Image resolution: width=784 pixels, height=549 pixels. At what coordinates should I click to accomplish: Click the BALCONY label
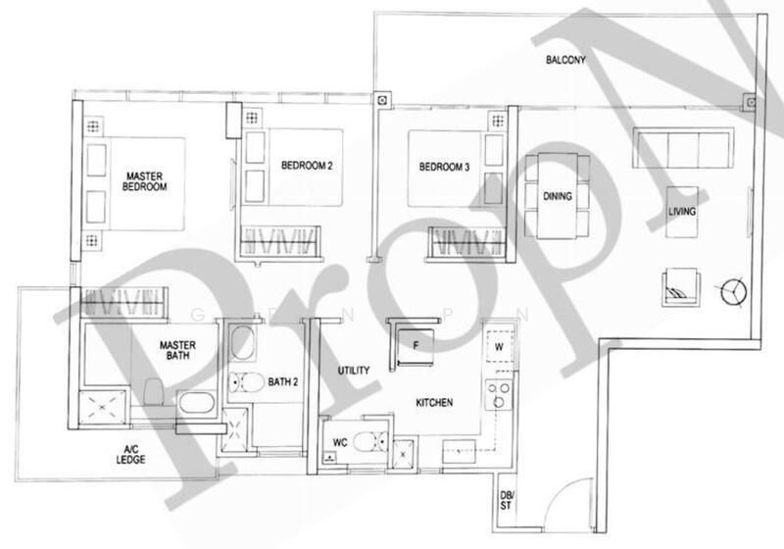[x=565, y=61]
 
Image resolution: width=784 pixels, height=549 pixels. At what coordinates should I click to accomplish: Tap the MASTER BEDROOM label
[x=144, y=181]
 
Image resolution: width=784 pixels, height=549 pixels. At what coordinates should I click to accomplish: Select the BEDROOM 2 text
[x=307, y=167]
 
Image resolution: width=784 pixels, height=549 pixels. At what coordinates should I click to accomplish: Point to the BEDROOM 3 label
[x=445, y=168]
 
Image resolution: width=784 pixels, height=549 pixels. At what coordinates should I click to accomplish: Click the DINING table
[x=558, y=196]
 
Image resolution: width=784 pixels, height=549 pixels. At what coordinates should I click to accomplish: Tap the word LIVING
[x=682, y=212]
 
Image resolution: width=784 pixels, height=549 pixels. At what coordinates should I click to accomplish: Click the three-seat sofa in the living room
[x=681, y=148]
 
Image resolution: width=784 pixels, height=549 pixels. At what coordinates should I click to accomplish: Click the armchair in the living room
[x=677, y=284]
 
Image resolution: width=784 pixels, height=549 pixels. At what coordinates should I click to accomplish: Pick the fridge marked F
[x=415, y=344]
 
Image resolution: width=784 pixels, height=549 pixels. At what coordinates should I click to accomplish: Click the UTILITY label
[x=353, y=372]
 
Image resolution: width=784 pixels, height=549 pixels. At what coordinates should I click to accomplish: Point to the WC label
[x=340, y=442]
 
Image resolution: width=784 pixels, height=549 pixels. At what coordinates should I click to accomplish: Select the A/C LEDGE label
[x=128, y=454]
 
